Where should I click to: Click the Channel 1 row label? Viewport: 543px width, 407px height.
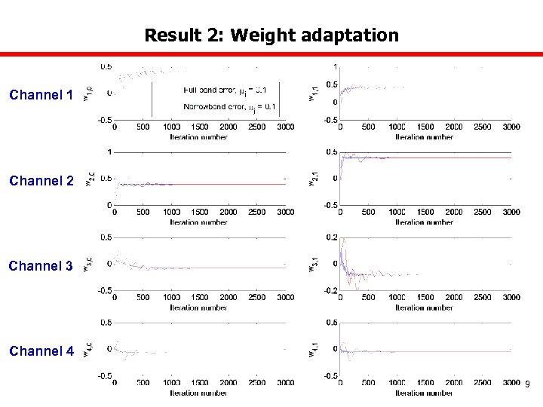[41, 95]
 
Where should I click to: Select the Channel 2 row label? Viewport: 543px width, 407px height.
[41, 181]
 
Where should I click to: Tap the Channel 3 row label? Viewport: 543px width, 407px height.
[41, 266]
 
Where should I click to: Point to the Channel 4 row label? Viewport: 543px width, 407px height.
[41, 351]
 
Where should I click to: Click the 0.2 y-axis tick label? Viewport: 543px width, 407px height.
[330, 237]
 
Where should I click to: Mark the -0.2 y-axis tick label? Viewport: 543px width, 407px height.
[329, 290]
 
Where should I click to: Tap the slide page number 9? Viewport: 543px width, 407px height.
[527, 385]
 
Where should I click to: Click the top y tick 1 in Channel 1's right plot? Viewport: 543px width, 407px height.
[335, 66]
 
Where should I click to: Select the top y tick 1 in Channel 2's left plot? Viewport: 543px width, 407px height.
[109, 152]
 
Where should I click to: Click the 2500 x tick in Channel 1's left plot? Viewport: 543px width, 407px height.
[256, 127]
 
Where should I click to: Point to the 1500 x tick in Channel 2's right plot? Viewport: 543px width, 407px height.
[425, 213]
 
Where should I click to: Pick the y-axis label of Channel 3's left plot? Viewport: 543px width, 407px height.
[87, 265]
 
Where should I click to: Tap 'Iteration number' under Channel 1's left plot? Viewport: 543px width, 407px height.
[199, 137]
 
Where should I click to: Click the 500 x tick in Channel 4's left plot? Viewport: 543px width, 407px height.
[143, 383]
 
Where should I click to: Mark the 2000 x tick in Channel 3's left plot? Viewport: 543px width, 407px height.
[228, 298]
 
